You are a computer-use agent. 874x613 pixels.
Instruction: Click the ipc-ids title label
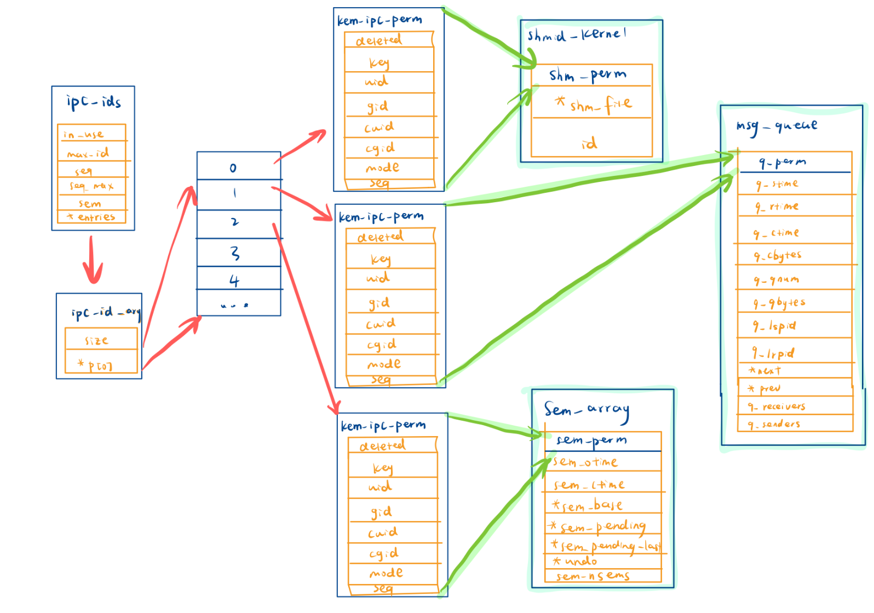tap(94, 102)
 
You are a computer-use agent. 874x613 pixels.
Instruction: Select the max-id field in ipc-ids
tap(89, 153)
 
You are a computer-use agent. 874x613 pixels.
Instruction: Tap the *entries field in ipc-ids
tap(91, 217)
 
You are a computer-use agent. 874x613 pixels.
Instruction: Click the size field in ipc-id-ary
tap(97, 340)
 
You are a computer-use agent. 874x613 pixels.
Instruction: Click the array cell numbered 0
tap(234, 168)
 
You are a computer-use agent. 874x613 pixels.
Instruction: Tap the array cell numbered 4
tap(234, 281)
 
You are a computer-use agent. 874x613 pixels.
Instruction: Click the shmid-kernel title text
tap(577, 35)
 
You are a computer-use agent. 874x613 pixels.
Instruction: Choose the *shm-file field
tap(594, 104)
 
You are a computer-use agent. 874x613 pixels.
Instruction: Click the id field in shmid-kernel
tap(590, 144)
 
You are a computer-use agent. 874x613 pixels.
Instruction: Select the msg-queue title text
tap(777, 126)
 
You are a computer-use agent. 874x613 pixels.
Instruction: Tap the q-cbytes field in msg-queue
tap(778, 256)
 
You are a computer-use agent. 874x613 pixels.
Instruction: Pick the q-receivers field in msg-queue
tap(778, 406)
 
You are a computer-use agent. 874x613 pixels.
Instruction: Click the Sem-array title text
tap(586, 410)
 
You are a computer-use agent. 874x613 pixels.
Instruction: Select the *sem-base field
tap(589, 505)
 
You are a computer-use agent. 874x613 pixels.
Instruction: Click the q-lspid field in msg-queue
tap(775, 326)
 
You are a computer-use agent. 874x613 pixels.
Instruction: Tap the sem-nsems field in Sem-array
tap(593, 576)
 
